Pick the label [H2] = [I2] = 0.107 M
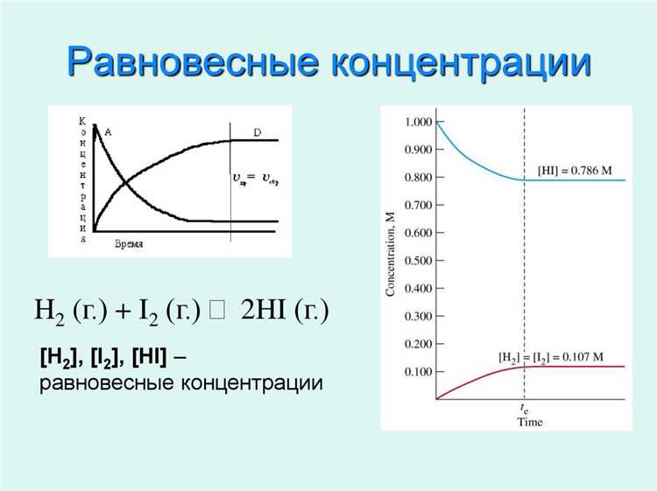(x=551, y=357)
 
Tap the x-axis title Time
(x=528, y=422)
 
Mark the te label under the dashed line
(x=524, y=409)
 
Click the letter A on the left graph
(x=108, y=131)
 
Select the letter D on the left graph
(x=257, y=132)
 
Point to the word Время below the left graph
(x=129, y=244)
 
